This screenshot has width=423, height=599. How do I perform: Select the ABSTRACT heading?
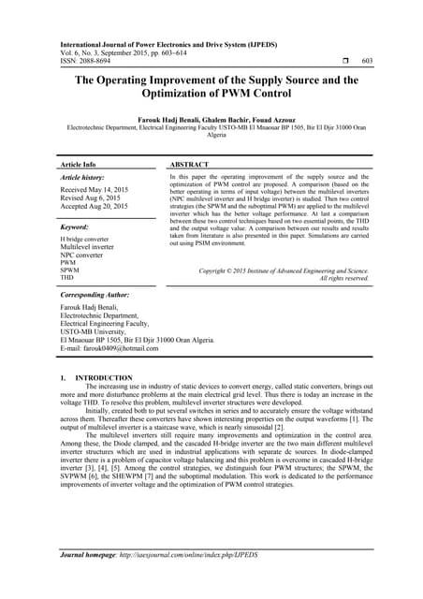pyautogui.click(x=195, y=164)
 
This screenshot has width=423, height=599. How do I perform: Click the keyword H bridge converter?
pyautogui.click(x=87, y=240)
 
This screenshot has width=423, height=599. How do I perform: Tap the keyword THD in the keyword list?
pyautogui.click(x=67, y=278)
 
